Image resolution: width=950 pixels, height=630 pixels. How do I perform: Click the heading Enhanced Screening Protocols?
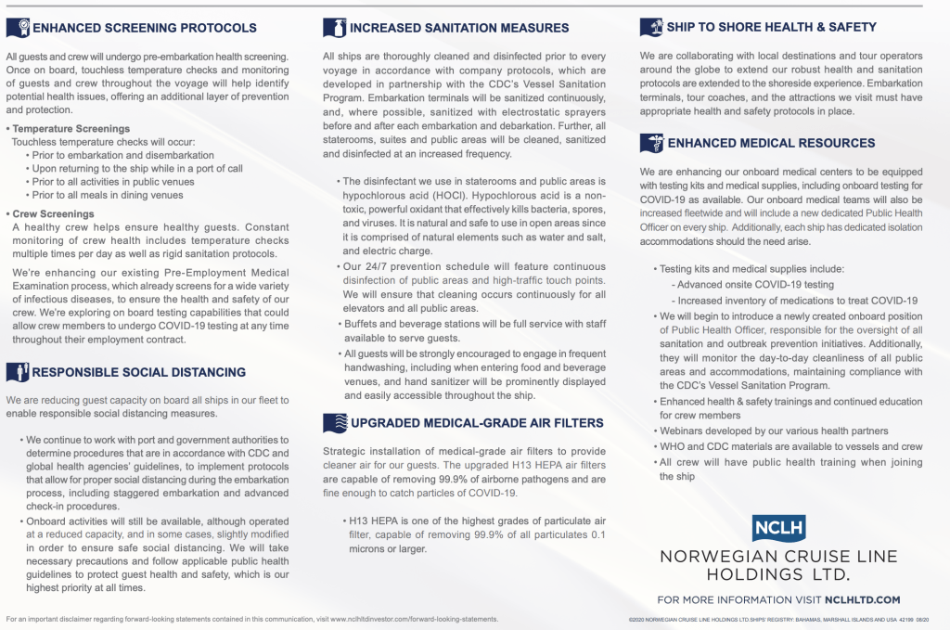(x=145, y=28)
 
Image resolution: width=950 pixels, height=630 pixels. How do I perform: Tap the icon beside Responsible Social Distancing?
(x=18, y=372)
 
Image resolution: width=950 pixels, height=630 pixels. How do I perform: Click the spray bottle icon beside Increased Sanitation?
(x=334, y=28)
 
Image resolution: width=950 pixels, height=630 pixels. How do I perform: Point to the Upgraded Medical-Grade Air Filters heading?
(x=476, y=423)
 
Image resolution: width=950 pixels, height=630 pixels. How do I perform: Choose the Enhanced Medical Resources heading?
(x=771, y=143)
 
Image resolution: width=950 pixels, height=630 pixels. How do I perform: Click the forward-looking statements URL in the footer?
(x=414, y=619)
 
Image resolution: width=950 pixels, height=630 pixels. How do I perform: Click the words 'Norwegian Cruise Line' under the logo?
(x=778, y=557)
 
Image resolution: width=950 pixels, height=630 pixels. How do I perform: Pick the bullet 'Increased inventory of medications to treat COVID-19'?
(x=797, y=300)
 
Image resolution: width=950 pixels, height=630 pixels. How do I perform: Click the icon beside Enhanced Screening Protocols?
(x=18, y=28)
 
